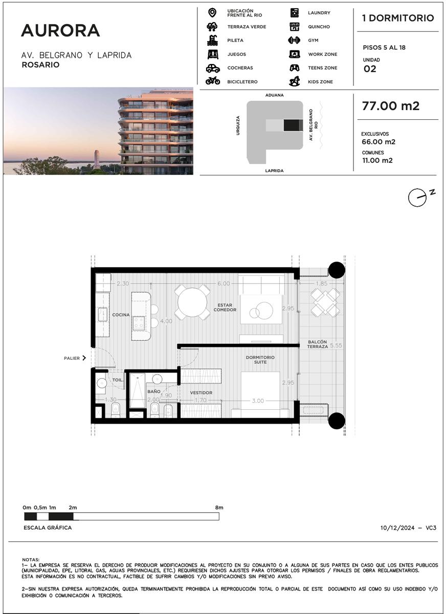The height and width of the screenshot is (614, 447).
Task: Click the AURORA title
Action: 60,30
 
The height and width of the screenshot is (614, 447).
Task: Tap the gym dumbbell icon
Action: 294,40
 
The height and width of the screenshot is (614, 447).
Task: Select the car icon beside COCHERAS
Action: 213,68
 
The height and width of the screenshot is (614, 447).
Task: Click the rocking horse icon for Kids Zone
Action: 295,81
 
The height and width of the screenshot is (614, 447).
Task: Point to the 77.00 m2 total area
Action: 391,106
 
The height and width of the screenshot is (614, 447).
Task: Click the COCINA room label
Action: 121,315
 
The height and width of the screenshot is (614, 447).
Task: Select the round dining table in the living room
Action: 192,302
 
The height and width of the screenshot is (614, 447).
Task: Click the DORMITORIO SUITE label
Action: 260,360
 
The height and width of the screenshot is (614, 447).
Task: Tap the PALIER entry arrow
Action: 84,358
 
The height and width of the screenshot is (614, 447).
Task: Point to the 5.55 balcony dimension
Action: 336,345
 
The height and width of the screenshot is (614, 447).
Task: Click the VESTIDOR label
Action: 201,393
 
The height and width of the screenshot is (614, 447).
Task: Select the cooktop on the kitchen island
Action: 139,323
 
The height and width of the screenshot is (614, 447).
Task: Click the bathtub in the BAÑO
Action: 137,390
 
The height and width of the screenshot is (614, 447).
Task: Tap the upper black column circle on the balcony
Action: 337,270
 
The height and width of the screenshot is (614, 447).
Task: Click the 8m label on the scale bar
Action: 219,508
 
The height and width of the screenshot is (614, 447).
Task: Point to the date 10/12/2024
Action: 397,528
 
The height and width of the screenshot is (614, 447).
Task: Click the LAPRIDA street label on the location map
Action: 274,170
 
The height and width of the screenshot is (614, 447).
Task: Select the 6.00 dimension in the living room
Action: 223,283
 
